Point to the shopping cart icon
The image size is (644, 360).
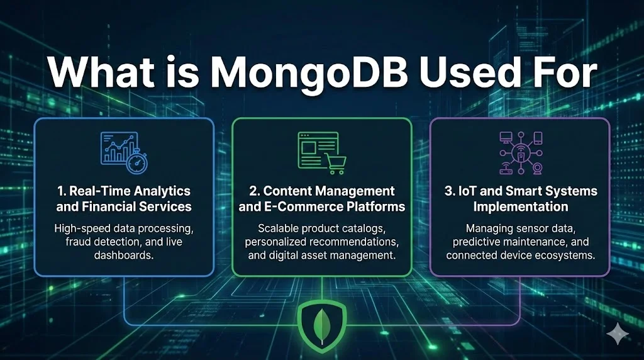(x=333, y=164)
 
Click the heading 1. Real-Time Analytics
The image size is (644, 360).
(x=123, y=191)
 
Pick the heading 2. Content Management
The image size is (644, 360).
(x=321, y=191)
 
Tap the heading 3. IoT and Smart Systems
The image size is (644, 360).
(x=520, y=191)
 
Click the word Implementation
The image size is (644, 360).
(x=520, y=206)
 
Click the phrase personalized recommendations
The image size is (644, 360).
(x=321, y=241)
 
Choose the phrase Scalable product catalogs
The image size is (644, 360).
(x=321, y=228)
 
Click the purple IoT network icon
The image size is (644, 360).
(x=519, y=152)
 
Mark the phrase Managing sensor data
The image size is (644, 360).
(x=519, y=228)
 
